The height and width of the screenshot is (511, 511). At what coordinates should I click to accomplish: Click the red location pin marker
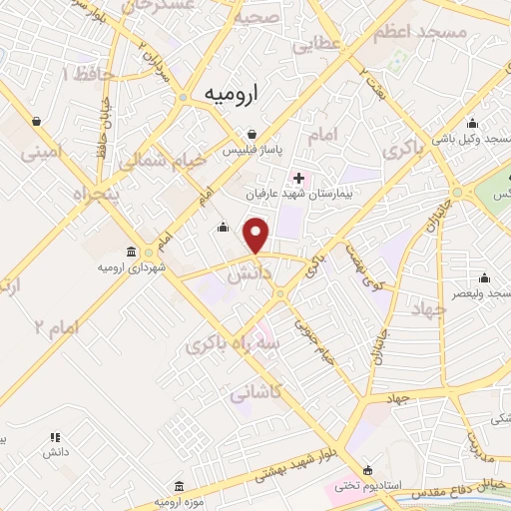click(x=257, y=236)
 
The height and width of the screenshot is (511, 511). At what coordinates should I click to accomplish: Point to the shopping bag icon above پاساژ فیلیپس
click(x=254, y=133)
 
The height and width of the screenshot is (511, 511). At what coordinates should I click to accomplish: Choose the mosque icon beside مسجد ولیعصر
click(x=485, y=277)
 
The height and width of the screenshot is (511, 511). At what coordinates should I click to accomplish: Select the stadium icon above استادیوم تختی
click(x=368, y=469)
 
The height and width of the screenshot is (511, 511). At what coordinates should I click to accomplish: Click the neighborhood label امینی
click(x=48, y=153)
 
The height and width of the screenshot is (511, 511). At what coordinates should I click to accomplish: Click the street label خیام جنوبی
click(x=312, y=339)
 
